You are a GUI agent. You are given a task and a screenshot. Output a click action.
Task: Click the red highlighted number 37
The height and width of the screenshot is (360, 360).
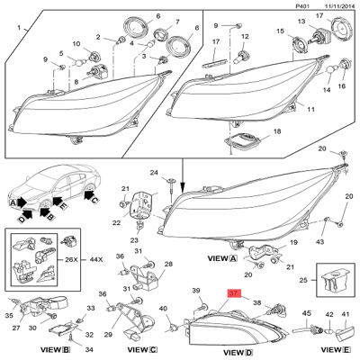click(234, 292)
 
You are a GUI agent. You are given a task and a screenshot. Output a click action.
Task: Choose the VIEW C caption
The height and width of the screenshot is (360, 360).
click(141, 350)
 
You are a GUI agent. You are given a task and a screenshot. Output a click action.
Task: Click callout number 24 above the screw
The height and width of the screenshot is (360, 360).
click(154, 172)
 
